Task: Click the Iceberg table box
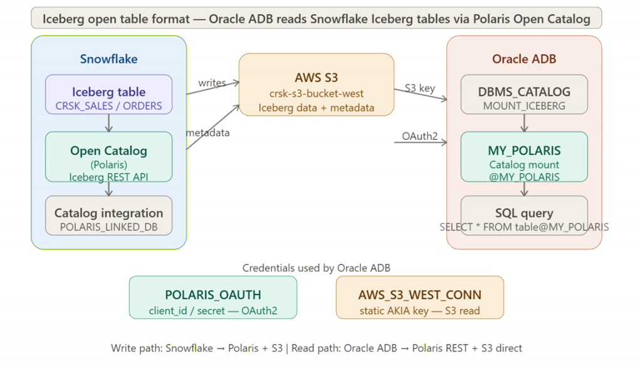coord(108,94)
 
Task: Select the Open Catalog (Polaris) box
coord(108,157)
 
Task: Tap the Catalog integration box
coord(108,216)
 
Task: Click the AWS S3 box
coord(316,85)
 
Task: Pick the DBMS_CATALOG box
coord(524,94)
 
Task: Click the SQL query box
coord(524,215)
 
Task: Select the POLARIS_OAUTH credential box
coord(213,298)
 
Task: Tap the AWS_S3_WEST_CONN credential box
coord(419,298)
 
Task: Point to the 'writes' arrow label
coord(212,83)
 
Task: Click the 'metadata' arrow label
coord(208,133)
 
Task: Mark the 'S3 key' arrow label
coord(419,88)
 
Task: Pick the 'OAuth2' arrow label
coord(420,136)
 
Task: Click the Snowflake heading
coord(108,60)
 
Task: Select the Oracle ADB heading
coord(524,60)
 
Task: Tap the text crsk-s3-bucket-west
coord(316,94)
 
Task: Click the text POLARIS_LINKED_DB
coord(108,227)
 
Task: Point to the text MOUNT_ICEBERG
coord(524,106)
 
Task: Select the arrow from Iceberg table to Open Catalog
coord(108,123)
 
